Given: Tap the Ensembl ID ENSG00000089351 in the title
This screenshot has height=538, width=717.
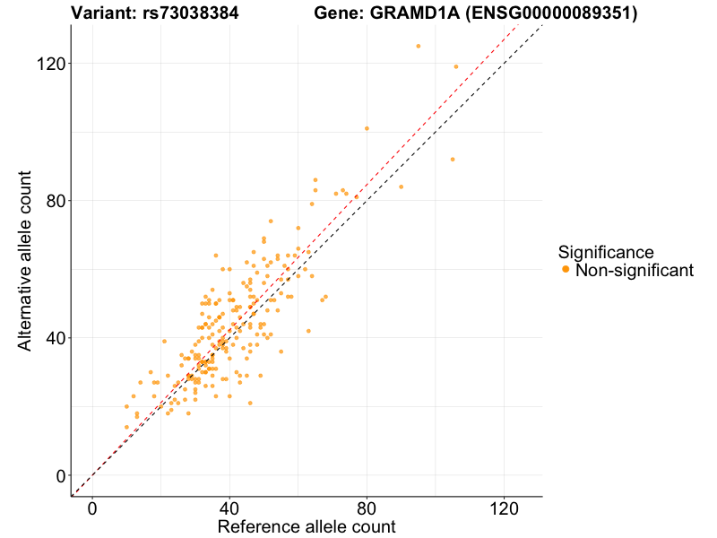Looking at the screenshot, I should pyautogui.click(x=555, y=13).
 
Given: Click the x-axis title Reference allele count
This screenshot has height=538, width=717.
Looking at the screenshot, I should pyautogui.click(x=307, y=527).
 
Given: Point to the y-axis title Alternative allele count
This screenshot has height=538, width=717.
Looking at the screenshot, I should pyautogui.click(x=25, y=260).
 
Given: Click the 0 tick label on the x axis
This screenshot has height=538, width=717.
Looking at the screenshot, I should pyautogui.click(x=92, y=508).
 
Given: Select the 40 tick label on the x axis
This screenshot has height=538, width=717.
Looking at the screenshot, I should pyautogui.click(x=229, y=508).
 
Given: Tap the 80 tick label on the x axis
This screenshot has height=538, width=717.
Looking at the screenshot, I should pyautogui.click(x=367, y=508).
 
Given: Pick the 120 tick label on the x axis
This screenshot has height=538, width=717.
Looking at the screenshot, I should pyautogui.click(x=504, y=508).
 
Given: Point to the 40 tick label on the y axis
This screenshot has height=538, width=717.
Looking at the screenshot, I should pyautogui.click(x=54, y=338).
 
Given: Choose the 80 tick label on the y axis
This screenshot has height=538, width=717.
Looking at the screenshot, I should pyautogui.click(x=54, y=201).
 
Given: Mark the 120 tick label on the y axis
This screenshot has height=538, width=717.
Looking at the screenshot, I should pyautogui.click(x=48, y=64).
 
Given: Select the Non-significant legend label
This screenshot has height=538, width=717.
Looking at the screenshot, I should pyautogui.click(x=635, y=270).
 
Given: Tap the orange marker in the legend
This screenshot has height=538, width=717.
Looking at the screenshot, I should pyautogui.click(x=565, y=270).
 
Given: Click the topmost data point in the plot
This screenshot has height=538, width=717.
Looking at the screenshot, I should pyautogui.click(x=418, y=46).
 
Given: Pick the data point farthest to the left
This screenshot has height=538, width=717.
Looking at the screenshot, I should pyautogui.click(x=126, y=406).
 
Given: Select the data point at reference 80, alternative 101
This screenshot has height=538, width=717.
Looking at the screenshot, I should pyautogui.click(x=367, y=128).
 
